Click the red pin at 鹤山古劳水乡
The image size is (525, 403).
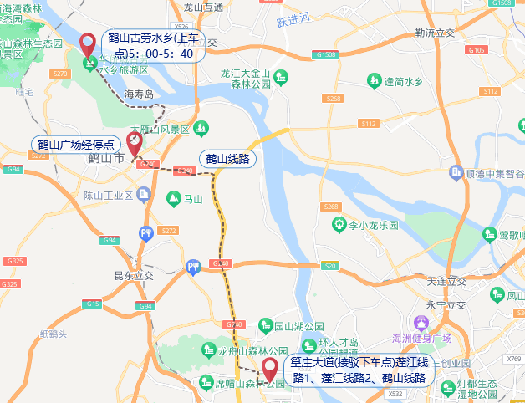coord(87,43)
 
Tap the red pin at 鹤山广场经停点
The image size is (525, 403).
coord(133,143)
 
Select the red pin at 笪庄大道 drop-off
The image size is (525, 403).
coord(270,369)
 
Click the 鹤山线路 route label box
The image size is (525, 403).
coord(228,158)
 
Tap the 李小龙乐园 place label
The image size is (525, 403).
coord(373,225)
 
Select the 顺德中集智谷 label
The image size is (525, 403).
coord(494,173)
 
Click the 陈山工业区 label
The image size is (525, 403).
coord(109,196)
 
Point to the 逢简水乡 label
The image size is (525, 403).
coord(405,81)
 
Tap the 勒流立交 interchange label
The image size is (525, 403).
coord(434,33)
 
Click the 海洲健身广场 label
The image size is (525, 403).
coord(422,338)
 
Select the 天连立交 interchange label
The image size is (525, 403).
coord(446,280)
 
